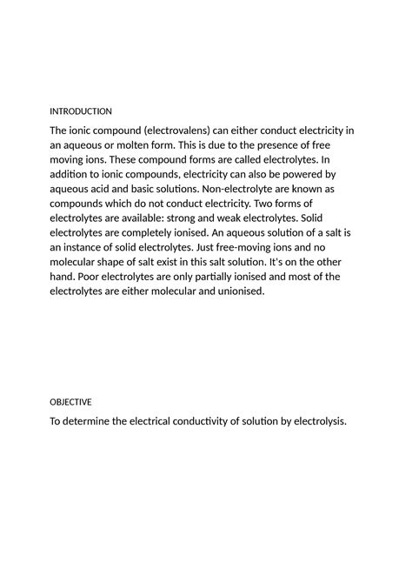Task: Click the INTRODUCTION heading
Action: coord(81,111)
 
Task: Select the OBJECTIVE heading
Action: coord(70,402)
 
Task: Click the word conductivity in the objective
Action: coord(199,422)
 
